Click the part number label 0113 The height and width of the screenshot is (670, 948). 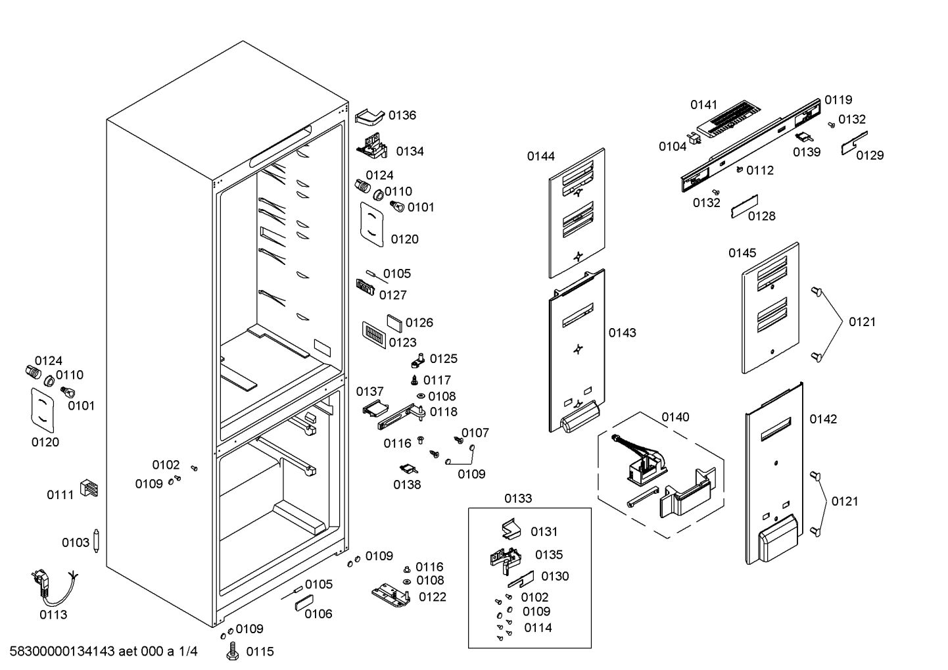tap(53, 615)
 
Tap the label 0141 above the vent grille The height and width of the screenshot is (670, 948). tap(704, 105)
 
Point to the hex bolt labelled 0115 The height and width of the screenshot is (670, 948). tap(233, 651)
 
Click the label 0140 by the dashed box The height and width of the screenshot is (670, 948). tap(675, 417)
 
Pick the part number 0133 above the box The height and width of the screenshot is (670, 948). tap(518, 498)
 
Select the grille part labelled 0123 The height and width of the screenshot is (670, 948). tap(374, 335)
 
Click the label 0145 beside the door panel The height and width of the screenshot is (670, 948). tap(742, 252)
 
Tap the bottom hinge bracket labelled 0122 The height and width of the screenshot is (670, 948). tap(391, 595)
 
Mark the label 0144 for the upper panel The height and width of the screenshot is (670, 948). tap(540, 156)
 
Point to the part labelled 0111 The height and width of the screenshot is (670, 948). tap(89, 488)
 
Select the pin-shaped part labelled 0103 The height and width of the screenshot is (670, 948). tap(97, 540)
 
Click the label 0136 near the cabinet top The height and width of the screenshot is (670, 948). tap(402, 115)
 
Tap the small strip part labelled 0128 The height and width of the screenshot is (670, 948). tap(744, 206)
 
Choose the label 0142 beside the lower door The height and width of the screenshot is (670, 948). tap(823, 419)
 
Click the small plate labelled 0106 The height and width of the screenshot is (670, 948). tap(304, 603)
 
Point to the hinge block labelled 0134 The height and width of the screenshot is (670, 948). tap(372, 146)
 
